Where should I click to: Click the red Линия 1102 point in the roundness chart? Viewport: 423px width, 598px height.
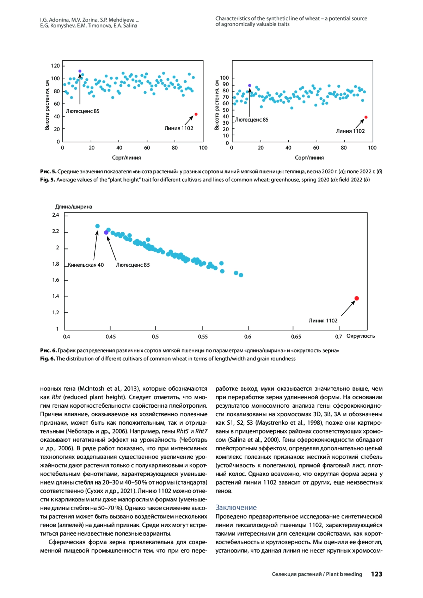click(356, 298)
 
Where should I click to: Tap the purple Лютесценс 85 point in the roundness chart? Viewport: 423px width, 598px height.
click(106, 233)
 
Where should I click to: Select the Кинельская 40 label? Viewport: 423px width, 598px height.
click(86, 265)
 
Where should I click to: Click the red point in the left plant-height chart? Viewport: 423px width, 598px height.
click(196, 114)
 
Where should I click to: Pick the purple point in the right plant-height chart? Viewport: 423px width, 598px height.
click(250, 85)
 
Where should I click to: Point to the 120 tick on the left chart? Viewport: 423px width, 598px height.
click(55, 66)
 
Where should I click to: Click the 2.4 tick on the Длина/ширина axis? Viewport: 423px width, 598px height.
click(56, 215)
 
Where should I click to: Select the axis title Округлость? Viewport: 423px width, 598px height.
click(361, 336)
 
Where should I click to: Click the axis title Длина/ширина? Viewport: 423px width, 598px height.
click(74, 206)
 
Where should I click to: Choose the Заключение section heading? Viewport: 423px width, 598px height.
click(236, 507)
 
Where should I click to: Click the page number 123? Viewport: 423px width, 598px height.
click(376, 574)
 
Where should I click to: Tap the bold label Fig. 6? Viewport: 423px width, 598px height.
click(48, 358)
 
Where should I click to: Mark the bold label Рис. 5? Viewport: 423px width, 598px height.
click(48, 171)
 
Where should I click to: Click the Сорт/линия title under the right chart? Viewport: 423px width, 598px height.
click(309, 158)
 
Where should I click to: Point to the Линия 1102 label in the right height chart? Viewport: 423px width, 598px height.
click(350, 131)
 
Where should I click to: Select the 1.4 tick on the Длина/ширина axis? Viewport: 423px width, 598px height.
click(56, 296)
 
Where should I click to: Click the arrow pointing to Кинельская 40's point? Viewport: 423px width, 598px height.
click(95, 245)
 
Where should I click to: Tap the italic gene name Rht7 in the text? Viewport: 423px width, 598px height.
click(201, 431)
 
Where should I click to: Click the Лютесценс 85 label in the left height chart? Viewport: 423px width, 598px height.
click(82, 111)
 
